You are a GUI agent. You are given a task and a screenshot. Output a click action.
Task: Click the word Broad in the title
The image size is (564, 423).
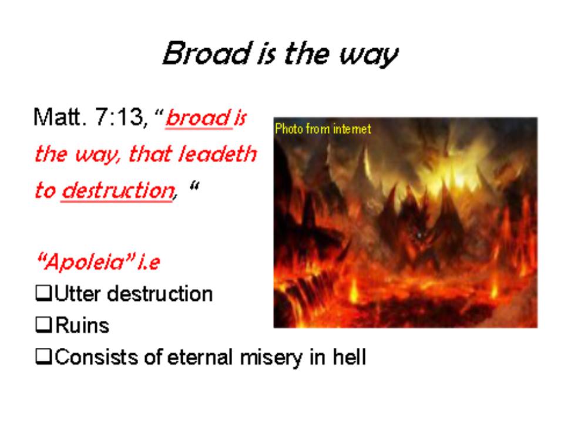click(x=207, y=53)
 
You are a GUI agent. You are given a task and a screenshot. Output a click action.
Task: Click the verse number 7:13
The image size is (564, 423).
click(x=121, y=117)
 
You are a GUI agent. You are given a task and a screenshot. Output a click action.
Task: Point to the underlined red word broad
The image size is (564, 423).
click(x=198, y=117)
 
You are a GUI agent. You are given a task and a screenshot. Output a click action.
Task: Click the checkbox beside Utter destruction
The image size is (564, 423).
click(x=43, y=293)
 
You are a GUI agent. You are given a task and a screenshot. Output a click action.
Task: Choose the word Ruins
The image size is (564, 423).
click(x=82, y=325)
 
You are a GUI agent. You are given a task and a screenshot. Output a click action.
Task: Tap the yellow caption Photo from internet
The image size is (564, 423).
click(x=323, y=129)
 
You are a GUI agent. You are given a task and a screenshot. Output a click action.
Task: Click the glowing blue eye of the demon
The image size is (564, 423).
click(x=419, y=235)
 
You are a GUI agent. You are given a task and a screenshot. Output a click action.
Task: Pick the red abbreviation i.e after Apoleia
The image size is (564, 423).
click(x=149, y=261)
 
